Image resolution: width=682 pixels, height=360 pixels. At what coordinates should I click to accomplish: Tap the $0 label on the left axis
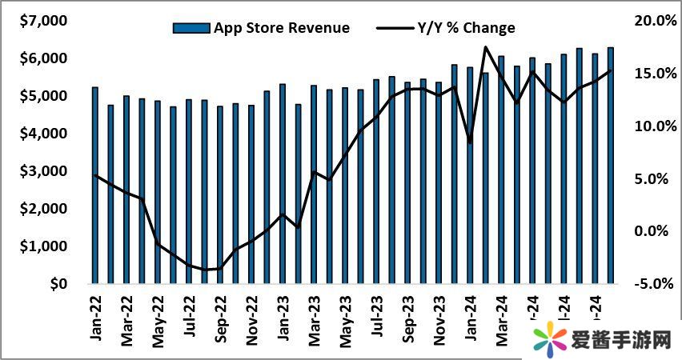click(57, 284)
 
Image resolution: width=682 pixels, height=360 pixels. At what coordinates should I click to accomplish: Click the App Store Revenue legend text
click(281, 28)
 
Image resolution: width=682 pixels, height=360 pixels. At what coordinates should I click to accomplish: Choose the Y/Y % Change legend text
click(467, 28)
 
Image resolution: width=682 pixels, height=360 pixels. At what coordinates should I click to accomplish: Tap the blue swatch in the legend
click(190, 28)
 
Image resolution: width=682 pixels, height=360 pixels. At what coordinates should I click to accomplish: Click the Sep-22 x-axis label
click(220, 319)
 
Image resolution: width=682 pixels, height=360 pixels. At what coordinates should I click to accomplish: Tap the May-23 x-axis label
click(345, 319)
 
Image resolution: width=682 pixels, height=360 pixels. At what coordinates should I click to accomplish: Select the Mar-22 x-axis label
click(126, 319)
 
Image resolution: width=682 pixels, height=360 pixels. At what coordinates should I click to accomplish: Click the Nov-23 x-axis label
click(439, 319)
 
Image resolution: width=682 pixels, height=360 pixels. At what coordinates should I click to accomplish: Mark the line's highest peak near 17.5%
click(485, 47)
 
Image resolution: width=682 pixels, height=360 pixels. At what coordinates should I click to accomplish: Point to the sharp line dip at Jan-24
click(470, 143)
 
